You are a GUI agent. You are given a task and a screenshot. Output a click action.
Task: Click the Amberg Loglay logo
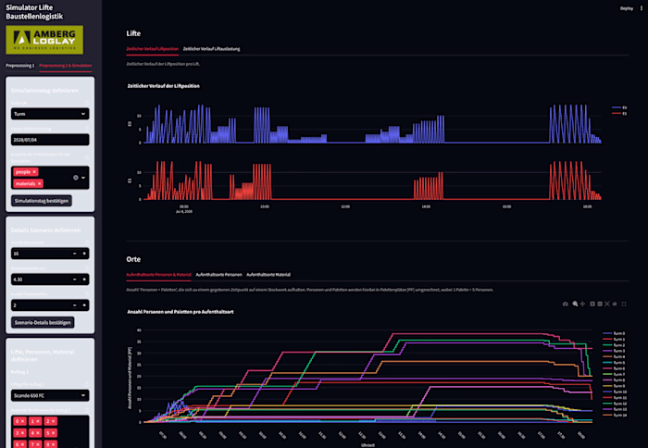pos(44,40)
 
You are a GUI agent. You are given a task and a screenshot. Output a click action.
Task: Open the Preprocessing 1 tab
pos(19,67)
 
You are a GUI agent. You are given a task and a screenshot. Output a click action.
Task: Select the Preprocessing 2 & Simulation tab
pos(66,67)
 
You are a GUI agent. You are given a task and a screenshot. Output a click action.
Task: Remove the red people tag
pos(34,172)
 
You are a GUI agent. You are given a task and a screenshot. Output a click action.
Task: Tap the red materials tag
pos(26,183)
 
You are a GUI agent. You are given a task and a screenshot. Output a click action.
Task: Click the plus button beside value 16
pos(84,253)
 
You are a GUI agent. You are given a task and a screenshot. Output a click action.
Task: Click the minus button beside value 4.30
pos(73,279)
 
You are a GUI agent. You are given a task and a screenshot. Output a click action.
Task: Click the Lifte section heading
pos(133,33)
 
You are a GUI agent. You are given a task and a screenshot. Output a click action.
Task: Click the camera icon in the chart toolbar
pos(566,304)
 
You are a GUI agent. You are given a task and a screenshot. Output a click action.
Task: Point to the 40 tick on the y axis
pos(138,330)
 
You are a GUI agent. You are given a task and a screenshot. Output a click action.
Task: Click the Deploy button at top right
pos(628,8)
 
